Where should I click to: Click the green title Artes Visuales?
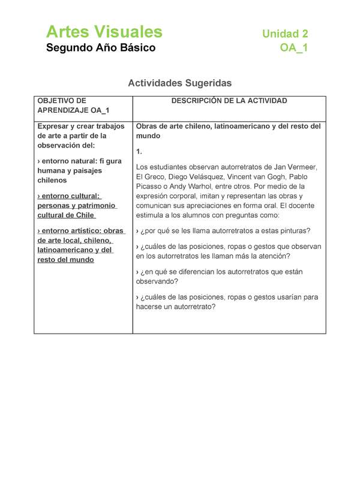click(104, 31)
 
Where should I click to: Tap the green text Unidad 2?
click(285, 34)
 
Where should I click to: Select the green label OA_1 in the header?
click(294, 48)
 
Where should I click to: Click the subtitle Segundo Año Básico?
click(101, 48)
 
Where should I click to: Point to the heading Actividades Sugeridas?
click(179, 83)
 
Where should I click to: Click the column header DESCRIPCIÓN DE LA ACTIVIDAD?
click(229, 101)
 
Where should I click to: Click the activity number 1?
click(139, 152)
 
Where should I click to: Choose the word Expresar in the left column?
click(53, 126)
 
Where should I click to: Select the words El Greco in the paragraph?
click(149, 176)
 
